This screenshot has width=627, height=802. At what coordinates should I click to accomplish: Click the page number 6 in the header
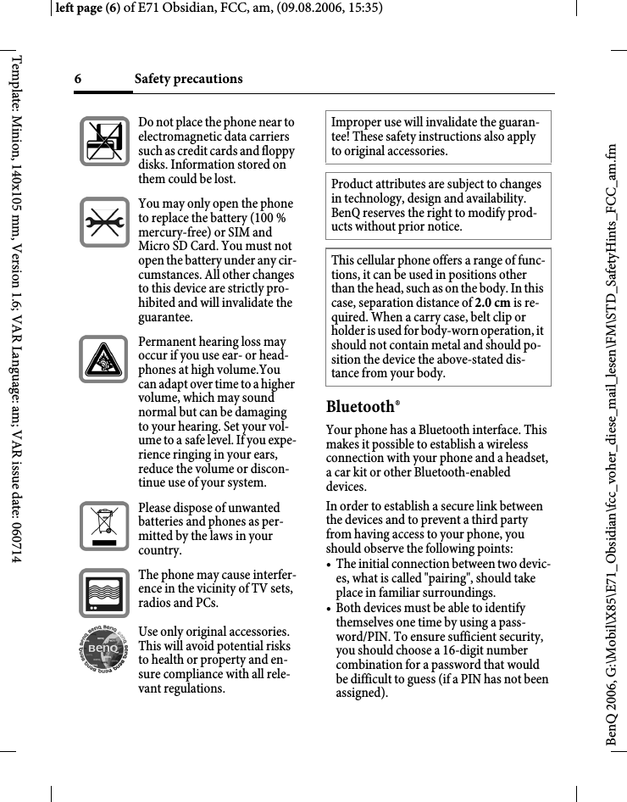pos(77,79)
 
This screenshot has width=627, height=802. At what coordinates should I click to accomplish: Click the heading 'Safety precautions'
pos(188,79)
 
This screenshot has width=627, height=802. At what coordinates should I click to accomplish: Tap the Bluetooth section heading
pos(361,407)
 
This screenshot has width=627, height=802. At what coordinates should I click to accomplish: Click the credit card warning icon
pos(104,141)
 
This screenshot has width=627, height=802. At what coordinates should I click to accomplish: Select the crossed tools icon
pos(104,223)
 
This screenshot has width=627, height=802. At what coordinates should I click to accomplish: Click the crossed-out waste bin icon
pos(104,526)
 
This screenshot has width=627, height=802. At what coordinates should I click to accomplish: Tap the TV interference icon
pos(104,593)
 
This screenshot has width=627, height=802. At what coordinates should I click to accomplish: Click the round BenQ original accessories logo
pos(104,658)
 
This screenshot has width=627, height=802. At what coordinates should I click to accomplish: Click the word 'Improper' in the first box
pos(356,123)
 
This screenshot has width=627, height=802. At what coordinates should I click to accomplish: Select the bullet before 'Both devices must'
pos(330,609)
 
